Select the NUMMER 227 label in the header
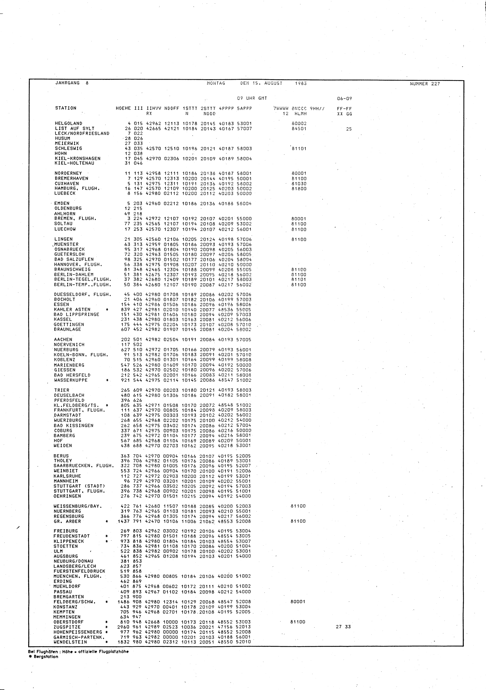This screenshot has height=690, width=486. click(x=425, y=84)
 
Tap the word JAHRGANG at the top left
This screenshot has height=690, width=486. click(x=68, y=83)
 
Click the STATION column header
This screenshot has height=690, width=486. click(x=66, y=108)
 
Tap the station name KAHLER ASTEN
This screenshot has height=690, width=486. click(x=72, y=309)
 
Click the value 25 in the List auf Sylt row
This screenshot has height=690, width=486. click(x=348, y=129)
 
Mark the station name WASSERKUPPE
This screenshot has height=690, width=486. click(x=71, y=380)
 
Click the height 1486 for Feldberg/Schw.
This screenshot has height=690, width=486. click(x=123, y=602)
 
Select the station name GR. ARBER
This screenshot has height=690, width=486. click(x=67, y=521)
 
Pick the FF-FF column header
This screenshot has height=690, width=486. click(x=344, y=109)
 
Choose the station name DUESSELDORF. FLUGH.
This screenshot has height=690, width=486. click(x=83, y=294)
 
